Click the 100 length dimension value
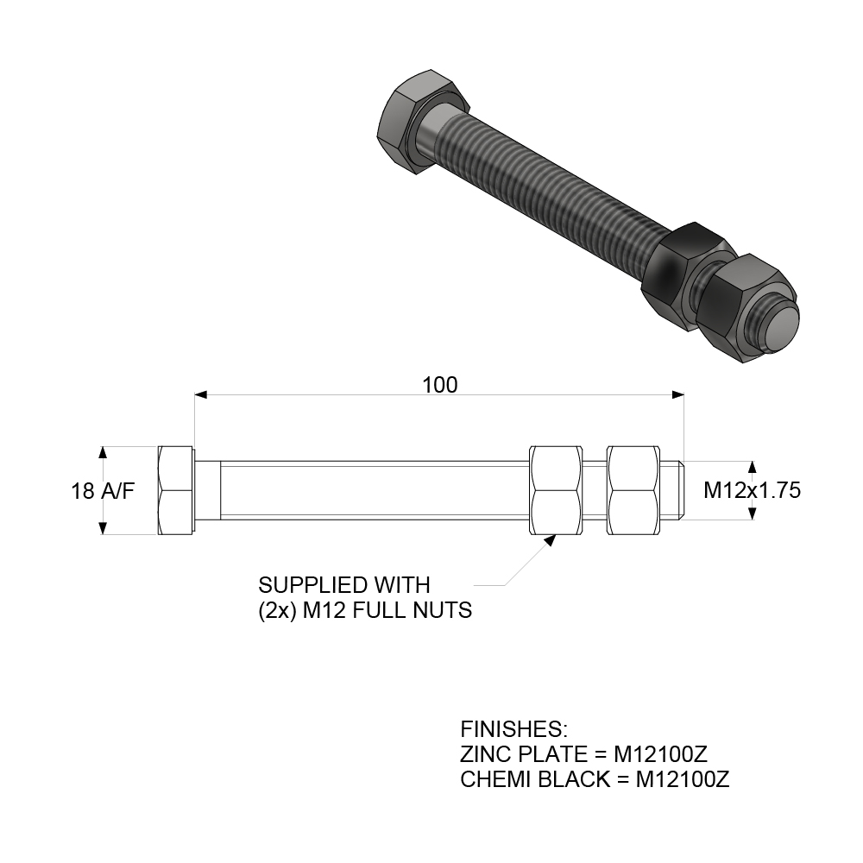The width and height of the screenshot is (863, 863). (440, 384)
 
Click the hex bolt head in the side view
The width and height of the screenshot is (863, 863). (176, 491)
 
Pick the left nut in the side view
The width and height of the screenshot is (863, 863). (554, 491)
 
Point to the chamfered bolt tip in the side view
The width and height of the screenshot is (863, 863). (678, 491)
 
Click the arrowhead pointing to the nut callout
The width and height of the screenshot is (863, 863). (549, 541)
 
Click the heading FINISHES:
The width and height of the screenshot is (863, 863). (513, 728)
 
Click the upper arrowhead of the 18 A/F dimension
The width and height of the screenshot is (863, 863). (104, 452)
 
